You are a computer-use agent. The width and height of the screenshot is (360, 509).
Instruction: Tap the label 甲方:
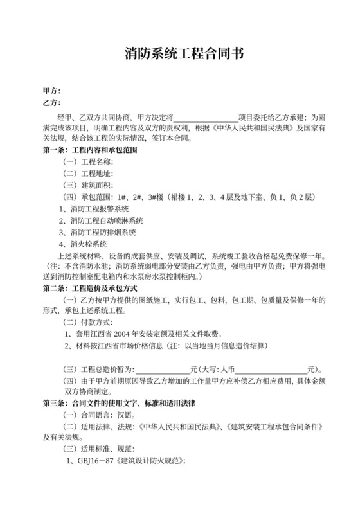[51, 91]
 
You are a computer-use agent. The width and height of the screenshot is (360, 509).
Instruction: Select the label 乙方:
[51, 103]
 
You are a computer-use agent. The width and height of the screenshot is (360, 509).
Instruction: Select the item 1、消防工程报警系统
[94, 210]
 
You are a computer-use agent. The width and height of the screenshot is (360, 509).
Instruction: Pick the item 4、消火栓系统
[83, 244]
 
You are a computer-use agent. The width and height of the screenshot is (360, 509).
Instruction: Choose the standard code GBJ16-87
[97, 462]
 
